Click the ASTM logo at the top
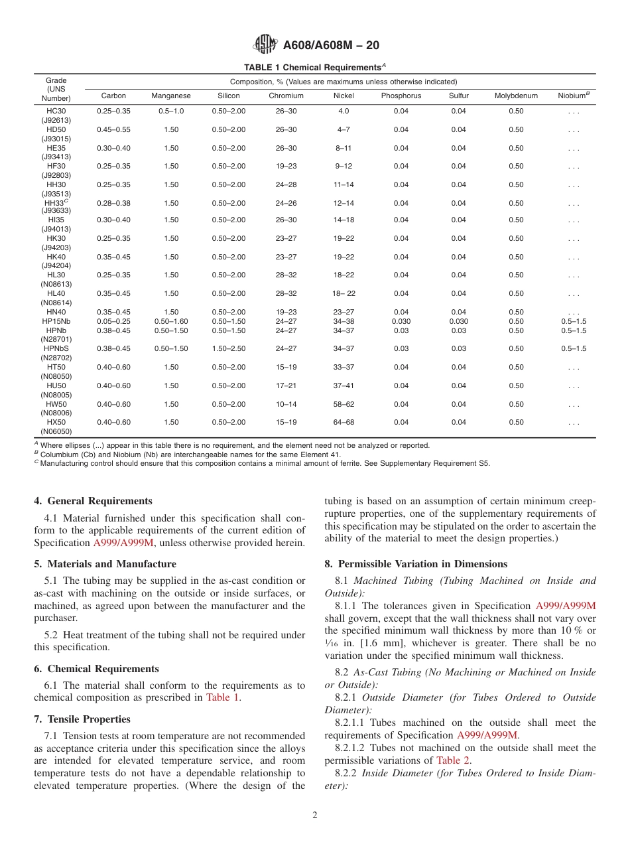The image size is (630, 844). (265, 45)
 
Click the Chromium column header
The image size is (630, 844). (286, 96)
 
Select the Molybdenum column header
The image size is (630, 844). (516, 96)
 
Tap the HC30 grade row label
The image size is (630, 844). (56, 111)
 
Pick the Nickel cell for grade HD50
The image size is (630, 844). (343, 129)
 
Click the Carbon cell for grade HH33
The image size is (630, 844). (113, 203)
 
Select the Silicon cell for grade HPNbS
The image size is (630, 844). (228, 348)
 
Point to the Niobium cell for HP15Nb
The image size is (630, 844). (574, 321)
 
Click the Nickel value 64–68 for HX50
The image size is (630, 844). (343, 422)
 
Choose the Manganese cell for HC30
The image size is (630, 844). (171, 111)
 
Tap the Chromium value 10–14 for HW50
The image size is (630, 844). (286, 404)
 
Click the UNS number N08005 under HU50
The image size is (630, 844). (56, 395)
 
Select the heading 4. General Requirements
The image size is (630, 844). (94, 501)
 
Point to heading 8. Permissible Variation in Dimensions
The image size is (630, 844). (416, 564)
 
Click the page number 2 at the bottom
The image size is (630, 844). (315, 815)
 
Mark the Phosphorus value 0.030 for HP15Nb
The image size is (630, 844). (401, 321)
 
